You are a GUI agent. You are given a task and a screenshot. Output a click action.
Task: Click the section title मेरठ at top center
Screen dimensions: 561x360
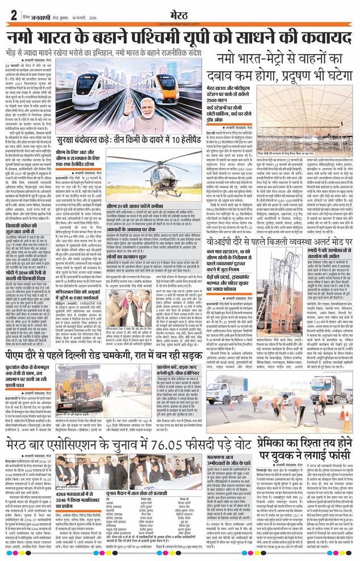pos(180,13)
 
